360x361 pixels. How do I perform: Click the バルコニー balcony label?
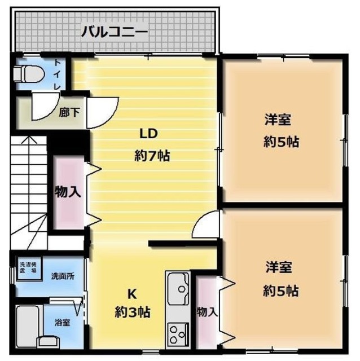(115, 32)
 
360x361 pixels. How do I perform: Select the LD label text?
(148, 134)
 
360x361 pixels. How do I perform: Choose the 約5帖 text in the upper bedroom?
(280, 142)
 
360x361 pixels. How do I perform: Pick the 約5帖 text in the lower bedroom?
(280, 291)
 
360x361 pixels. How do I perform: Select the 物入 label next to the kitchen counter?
(207, 311)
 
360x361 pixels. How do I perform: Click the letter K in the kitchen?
(131, 293)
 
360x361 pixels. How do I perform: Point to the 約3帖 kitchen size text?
(132, 312)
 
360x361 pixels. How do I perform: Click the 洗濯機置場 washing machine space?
(27, 268)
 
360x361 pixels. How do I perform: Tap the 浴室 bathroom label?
(63, 323)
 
